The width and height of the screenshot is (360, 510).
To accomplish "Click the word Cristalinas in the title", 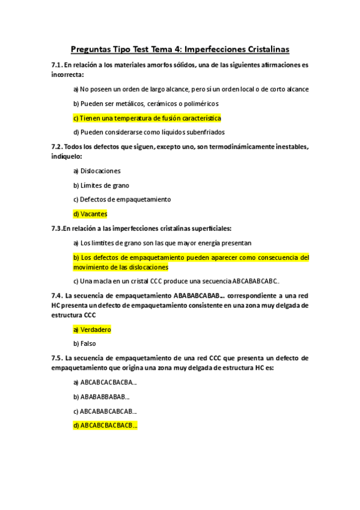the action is [x=263, y=49].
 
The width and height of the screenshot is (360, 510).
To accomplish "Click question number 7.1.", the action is [x=57, y=65].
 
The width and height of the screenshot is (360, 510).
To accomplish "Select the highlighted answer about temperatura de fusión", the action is [x=147, y=118].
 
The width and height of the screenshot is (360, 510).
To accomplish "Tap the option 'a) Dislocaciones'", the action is [x=97, y=171].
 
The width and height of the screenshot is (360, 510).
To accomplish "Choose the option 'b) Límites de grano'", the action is [x=101, y=185].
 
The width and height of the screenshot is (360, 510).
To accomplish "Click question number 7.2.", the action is [x=57, y=147].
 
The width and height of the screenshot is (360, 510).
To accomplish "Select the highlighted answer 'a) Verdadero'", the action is [x=92, y=330].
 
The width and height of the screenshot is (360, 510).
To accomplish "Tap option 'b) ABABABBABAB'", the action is [x=102, y=397].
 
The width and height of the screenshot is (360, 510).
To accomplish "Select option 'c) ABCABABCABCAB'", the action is [x=105, y=411].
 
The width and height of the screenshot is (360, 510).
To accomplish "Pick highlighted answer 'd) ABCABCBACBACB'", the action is [x=105, y=426].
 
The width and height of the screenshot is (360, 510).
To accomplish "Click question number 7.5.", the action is [x=57, y=358].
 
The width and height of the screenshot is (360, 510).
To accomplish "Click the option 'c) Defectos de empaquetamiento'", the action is [x=122, y=199].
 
